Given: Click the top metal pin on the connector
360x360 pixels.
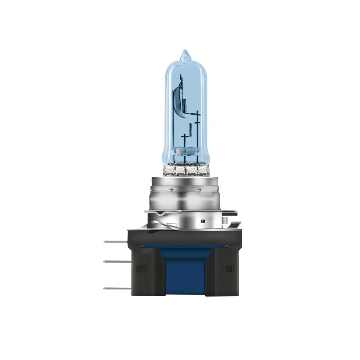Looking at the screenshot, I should (115, 242).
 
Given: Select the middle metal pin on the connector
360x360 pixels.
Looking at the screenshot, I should (115, 261).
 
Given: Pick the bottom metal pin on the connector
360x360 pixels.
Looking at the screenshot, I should (115, 288).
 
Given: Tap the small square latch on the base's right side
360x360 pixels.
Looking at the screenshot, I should (228, 269).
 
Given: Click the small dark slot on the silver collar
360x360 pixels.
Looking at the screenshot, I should (202, 220).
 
